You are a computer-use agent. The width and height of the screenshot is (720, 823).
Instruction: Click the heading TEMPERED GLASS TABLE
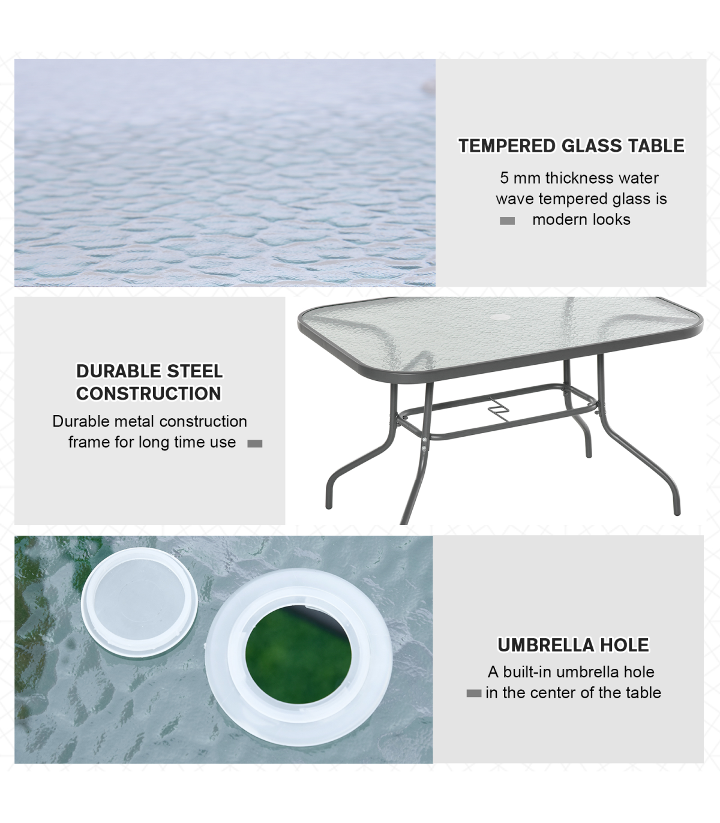[571, 146]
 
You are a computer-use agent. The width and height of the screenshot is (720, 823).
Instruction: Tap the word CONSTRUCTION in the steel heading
[149, 394]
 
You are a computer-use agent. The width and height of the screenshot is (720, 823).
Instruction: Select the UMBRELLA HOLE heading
[573, 645]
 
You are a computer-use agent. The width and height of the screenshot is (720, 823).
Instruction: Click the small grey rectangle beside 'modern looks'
[507, 221]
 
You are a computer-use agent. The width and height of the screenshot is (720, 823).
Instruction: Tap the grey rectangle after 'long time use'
[254, 444]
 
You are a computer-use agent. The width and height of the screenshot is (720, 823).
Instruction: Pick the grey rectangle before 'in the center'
[474, 693]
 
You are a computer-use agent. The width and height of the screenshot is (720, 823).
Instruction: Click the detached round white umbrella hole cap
[139, 603]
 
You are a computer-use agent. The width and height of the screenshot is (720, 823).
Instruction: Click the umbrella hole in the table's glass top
[499, 317]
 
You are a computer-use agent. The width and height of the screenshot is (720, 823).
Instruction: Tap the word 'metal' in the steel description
[129, 421]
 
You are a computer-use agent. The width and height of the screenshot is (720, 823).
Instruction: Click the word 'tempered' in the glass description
[573, 199]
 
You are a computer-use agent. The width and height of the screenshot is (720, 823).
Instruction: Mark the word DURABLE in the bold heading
[119, 371]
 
